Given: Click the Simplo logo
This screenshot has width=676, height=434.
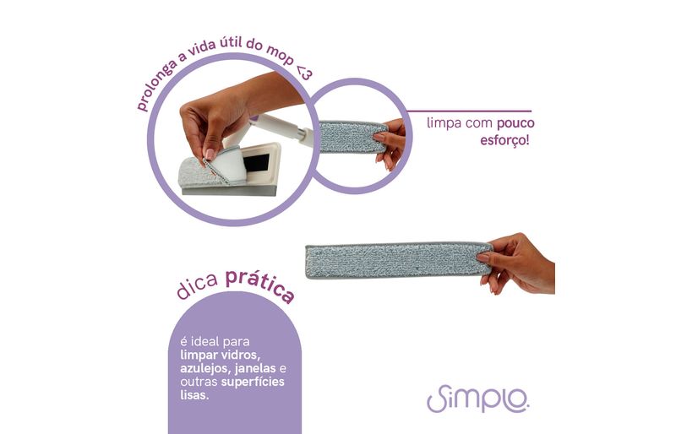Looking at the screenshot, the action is (x=477, y=399).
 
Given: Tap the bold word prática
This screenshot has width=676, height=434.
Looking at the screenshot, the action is (x=260, y=285).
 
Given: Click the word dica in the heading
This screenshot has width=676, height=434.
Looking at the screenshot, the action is (x=198, y=286).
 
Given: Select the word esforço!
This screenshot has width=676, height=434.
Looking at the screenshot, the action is (x=504, y=140).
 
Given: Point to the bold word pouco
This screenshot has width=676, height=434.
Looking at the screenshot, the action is (x=515, y=123).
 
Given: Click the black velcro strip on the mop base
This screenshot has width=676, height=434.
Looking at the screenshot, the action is (x=256, y=164).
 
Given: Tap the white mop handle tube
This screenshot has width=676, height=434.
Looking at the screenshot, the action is (x=281, y=128).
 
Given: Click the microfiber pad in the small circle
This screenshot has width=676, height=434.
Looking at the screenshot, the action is (x=353, y=137).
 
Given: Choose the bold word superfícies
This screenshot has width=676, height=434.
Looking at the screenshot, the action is (x=253, y=382).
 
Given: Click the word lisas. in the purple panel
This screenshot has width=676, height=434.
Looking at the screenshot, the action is (x=194, y=395).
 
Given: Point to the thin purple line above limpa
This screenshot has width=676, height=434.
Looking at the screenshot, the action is (x=469, y=111).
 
